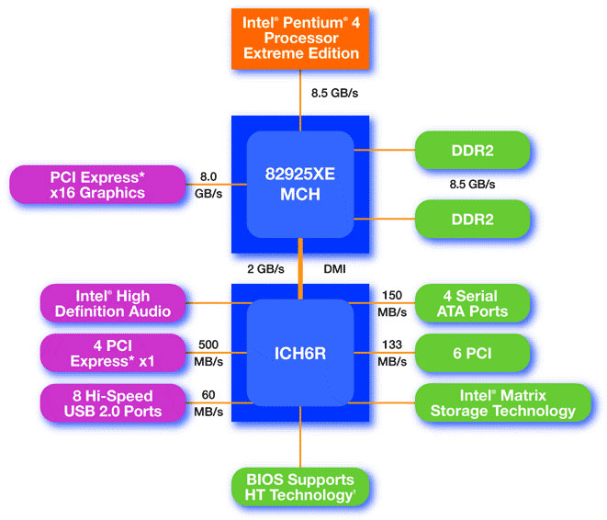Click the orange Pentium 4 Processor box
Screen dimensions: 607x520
tap(300, 39)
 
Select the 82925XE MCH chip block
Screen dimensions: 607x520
tap(300, 185)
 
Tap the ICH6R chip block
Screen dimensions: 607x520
tap(300, 353)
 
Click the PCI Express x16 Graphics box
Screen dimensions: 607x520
tap(97, 185)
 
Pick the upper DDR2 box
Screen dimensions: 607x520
tap(472, 151)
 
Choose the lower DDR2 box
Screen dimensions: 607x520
tap(472, 220)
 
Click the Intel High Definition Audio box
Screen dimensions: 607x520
tap(113, 303)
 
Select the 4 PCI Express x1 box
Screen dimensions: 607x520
tap(113, 353)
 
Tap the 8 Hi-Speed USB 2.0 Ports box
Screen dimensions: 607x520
tap(113, 403)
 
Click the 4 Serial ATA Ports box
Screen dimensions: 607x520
tap(472, 303)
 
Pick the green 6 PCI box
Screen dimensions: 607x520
tap(472, 353)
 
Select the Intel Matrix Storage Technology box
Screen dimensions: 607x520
tap(503, 402)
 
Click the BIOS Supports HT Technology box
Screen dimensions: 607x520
tap(300, 487)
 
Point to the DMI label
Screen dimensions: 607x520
tap(334, 268)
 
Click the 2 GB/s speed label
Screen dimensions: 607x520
tap(265, 268)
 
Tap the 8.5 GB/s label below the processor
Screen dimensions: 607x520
tap(334, 93)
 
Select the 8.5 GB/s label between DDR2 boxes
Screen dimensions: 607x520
tap(472, 185)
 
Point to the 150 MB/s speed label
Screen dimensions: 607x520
tap(392, 303)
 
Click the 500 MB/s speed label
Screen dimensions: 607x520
tap(208, 353)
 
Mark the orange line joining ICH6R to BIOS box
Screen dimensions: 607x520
tap(300, 436)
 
